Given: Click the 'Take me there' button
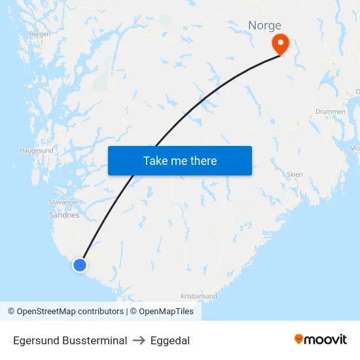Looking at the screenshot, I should click(179, 160).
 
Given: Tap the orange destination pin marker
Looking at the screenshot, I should click(280, 44).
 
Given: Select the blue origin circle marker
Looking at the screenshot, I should click(79, 265).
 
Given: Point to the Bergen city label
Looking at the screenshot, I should click(39, 34).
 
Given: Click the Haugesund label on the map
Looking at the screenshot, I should click(37, 151).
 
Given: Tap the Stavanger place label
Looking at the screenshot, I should click(64, 203).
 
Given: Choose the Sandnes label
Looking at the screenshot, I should click(64, 215).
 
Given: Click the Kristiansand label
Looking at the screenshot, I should click(198, 296).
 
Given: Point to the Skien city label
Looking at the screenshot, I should click(295, 175).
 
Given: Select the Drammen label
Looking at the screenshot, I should click(331, 112).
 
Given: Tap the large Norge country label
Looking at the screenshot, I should click(264, 26).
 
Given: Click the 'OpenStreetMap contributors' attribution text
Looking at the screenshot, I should click(70, 312).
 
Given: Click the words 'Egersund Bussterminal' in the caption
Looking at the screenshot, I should click(70, 340).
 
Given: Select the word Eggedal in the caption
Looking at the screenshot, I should click(170, 340).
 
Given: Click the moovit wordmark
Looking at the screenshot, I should click(326, 339).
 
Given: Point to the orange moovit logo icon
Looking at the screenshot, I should click(299, 339).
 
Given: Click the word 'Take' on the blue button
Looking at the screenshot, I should click(154, 160).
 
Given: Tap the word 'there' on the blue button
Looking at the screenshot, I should click(202, 160).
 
